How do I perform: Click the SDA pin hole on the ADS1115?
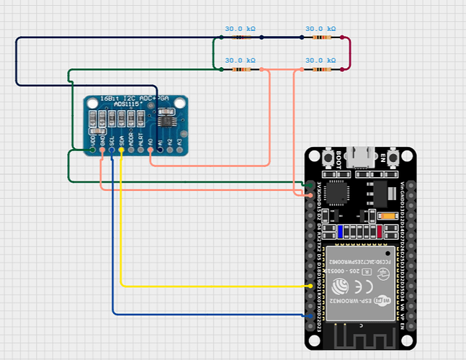[122, 151]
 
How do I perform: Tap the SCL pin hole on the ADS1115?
[112, 151]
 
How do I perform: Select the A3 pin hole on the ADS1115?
[178, 151]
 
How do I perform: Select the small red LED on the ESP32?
[378, 231]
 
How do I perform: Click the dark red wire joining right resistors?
[349, 54]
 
